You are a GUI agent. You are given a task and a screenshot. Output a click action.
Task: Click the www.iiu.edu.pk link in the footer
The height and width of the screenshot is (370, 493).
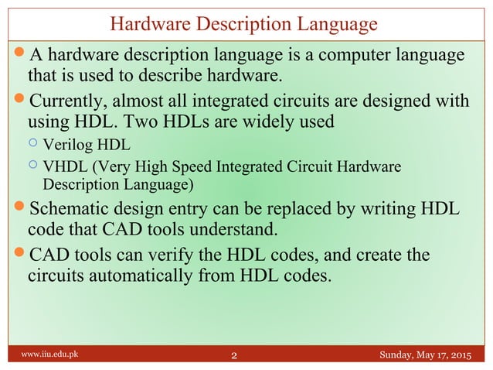tap(49, 356)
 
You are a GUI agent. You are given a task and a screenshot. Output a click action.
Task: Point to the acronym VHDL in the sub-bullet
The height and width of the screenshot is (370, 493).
tap(63, 167)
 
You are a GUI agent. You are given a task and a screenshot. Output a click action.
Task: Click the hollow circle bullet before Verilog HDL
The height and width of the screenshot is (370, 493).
tap(32, 144)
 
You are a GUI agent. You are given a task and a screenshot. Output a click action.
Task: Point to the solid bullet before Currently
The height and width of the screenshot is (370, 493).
tap(19, 101)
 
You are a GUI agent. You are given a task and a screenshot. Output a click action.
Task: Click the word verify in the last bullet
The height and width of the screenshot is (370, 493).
tap(182, 254)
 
